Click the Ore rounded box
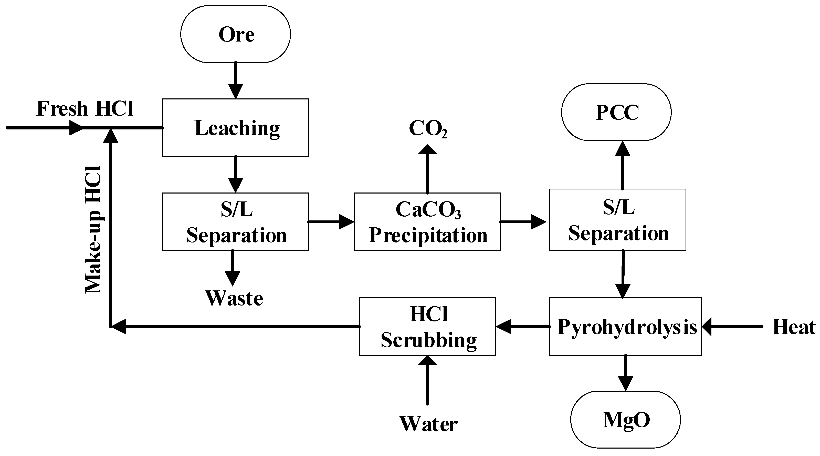tap(235, 34)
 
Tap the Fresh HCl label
tap(85, 109)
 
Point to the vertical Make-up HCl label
tap(93, 229)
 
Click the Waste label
tap(234, 299)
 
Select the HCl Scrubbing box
tap(427, 327)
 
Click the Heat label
tap(794, 327)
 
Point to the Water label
tap(428, 424)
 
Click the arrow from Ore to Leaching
tap(236, 80)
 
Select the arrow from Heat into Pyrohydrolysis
tap(732, 327)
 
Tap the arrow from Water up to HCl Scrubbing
tap(427, 381)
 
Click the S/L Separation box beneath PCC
tap(617, 220)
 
